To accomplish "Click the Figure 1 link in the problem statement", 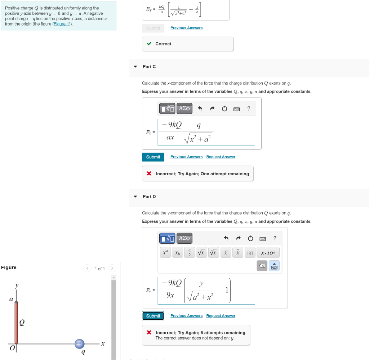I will coord(61,24).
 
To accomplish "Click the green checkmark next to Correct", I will coord(149,44).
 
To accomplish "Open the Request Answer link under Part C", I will coord(221,157).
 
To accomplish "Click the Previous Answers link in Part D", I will coord(186,316).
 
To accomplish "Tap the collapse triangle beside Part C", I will coord(135,67).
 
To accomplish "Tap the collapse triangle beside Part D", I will coord(135,197).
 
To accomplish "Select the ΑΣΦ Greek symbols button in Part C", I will coord(184,108).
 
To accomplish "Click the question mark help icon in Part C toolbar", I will coord(249,108).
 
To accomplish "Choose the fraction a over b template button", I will coord(190,253).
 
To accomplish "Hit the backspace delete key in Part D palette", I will coord(262,266).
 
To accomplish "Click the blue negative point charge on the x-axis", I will coord(80,344).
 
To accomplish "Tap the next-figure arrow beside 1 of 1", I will coord(112,269).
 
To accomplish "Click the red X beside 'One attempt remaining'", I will coord(149,174).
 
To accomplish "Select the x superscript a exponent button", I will coord(165,253).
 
